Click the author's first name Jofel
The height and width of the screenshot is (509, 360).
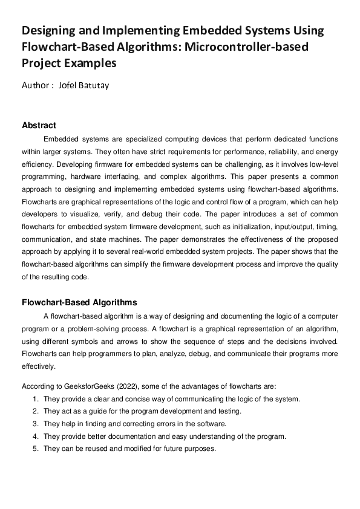(x=70, y=85)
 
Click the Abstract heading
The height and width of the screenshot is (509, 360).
(x=39, y=126)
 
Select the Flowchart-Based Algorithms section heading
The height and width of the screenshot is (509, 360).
(x=79, y=302)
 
